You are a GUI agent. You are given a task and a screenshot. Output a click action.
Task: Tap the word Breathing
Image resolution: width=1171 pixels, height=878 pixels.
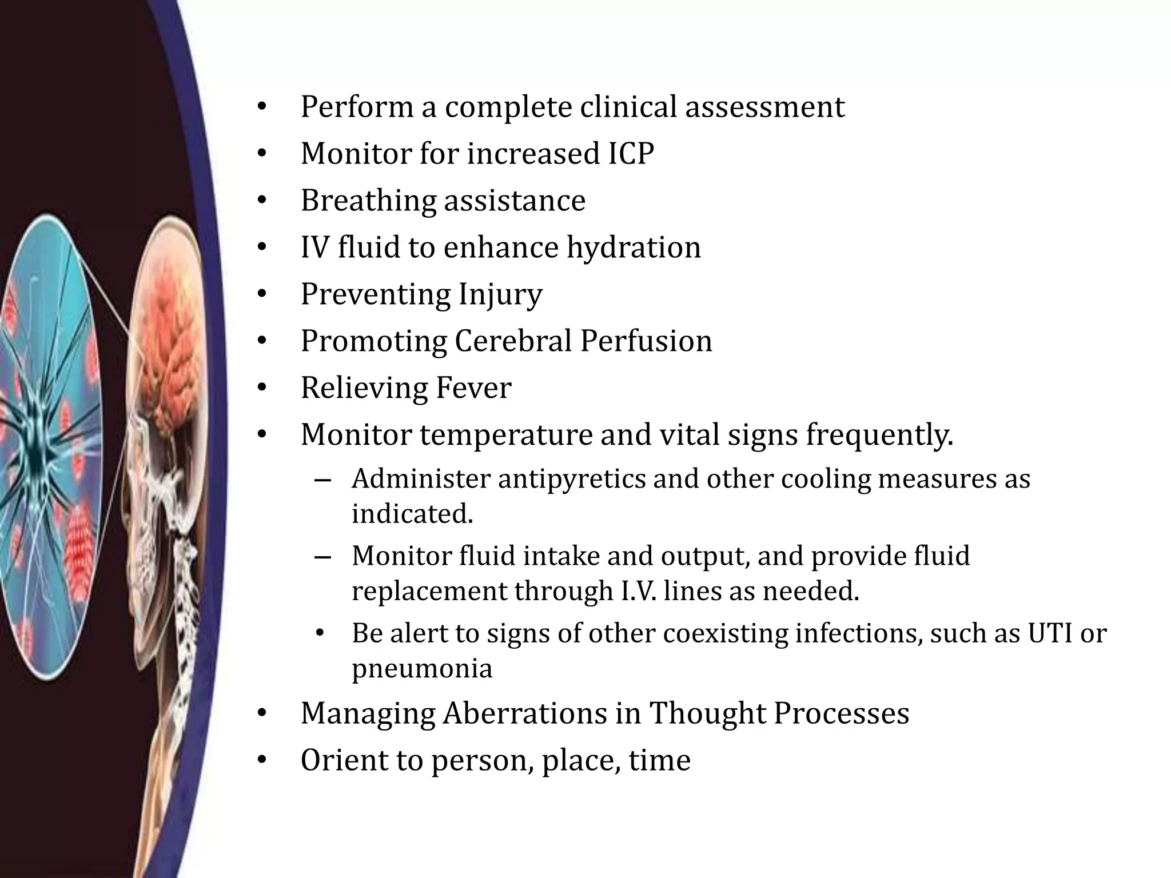coord(368,201)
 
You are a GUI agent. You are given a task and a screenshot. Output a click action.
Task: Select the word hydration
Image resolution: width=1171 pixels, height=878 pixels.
coord(634,248)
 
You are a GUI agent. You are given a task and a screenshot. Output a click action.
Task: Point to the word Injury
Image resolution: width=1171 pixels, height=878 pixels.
coord(500,294)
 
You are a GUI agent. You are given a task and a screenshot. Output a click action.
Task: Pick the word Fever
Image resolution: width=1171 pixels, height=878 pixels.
coord(473,388)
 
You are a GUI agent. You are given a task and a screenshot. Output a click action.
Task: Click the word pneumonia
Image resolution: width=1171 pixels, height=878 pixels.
coord(422,668)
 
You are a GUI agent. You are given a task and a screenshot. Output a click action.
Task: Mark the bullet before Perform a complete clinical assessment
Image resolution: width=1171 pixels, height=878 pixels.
coord(262,107)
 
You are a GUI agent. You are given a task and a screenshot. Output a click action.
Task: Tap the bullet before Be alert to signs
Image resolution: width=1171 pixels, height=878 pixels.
coord(320,633)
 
